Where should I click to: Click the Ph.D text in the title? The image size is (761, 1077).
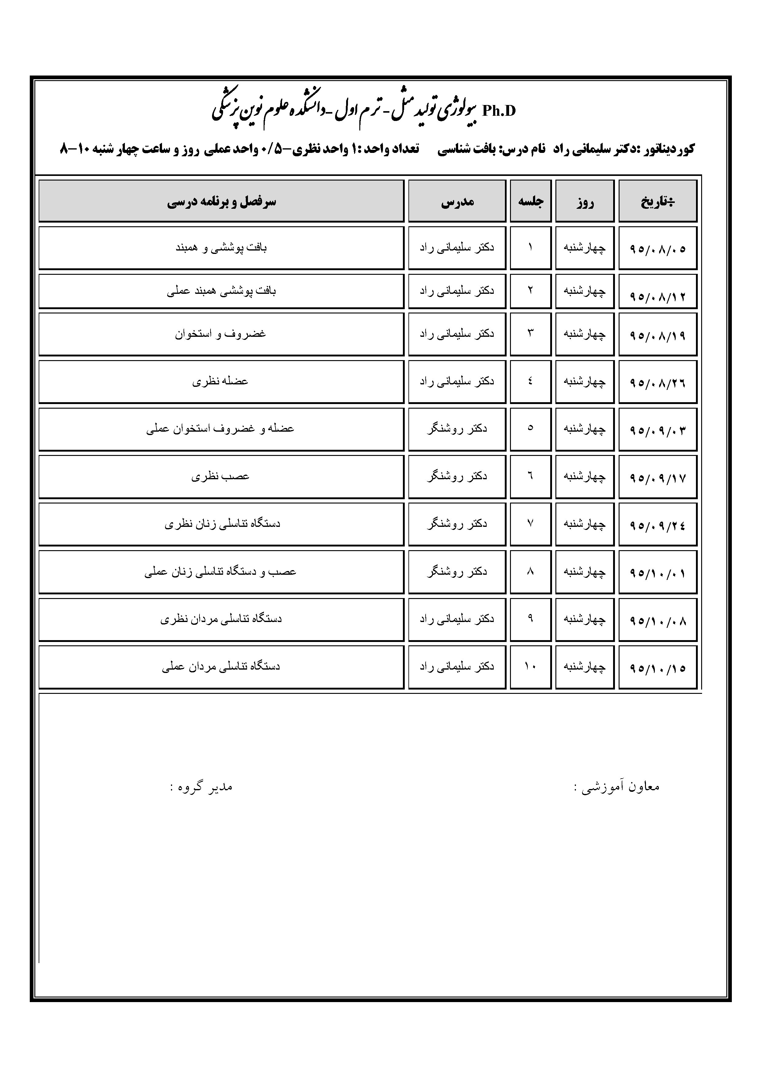click(498, 111)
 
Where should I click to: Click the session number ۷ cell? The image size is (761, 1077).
click(530, 523)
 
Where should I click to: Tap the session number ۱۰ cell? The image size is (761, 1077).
click(530, 666)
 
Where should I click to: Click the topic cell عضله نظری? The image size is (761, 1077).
click(220, 381)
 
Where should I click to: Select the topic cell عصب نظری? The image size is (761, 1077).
click(220, 476)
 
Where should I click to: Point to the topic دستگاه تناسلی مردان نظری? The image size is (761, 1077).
click(221, 619)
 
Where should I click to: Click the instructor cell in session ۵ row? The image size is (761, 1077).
click(457, 429)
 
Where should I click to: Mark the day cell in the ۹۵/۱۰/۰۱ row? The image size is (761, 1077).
click(584, 572)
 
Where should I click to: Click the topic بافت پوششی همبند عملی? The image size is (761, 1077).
click(221, 291)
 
